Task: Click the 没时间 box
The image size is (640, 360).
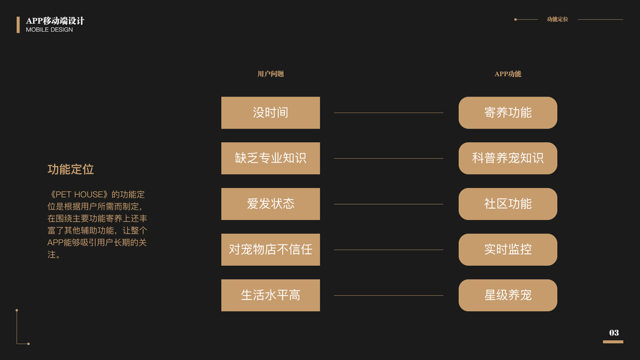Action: tap(270, 113)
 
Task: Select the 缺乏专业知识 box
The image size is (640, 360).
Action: tap(270, 158)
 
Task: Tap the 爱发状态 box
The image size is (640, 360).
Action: tap(270, 204)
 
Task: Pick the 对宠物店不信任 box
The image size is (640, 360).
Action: tap(270, 250)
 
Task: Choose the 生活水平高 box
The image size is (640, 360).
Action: tap(270, 295)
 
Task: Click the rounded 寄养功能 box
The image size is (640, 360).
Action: tap(507, 113)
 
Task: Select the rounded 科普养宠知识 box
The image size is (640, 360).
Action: tap(507, 158)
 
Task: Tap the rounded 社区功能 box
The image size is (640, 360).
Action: tap(507, 204)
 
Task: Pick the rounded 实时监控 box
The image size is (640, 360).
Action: tap(507, 250)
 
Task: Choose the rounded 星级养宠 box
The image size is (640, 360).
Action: tap(507, 295)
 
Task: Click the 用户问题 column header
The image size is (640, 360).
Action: tap(271, 74)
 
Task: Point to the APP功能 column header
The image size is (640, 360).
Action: tap(507, 74)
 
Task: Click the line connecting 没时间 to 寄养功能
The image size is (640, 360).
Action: tap(389, 113)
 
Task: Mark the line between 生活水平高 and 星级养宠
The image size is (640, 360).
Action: tap(389, 295)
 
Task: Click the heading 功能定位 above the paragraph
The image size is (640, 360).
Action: tap(71, 170)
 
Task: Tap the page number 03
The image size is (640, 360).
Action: tap(614, 333)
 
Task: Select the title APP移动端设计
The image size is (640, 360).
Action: tap(55, 21)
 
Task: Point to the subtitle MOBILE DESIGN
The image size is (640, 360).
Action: tap(49, 30)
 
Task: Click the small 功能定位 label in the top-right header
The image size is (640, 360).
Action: tap(557, 19)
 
